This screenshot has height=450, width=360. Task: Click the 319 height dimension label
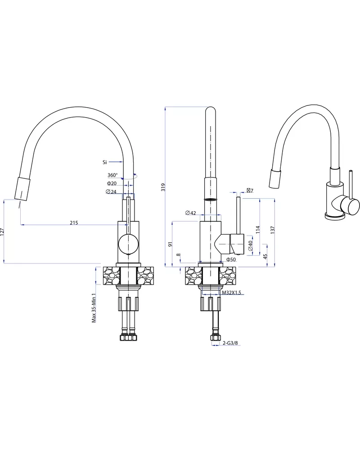pos(163,187)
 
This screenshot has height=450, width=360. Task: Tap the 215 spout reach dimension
pos(74,223)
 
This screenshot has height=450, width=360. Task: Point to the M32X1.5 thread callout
pos(232,293)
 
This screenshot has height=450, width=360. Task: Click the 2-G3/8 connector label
pos(230,343)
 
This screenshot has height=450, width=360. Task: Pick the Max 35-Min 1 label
pos(94,308)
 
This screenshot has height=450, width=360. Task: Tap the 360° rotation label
pos(112,175)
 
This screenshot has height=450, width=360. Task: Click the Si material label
pos(104,162)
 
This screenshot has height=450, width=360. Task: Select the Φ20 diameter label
pos(112,183)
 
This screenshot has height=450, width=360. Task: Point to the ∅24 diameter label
pos(111,192)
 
